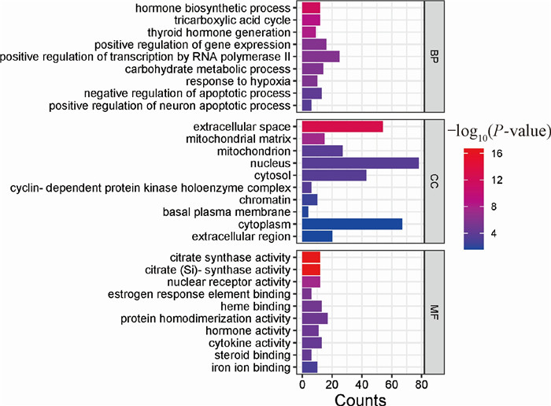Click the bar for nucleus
361,163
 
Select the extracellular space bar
342,127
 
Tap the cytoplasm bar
352,224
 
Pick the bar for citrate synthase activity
311,257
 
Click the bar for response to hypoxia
309,81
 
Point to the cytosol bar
335,175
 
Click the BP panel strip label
435,57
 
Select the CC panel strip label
435,181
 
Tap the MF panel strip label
435,311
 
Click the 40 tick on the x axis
361,385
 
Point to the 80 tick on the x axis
421,385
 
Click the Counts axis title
360,399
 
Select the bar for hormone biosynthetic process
311,8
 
